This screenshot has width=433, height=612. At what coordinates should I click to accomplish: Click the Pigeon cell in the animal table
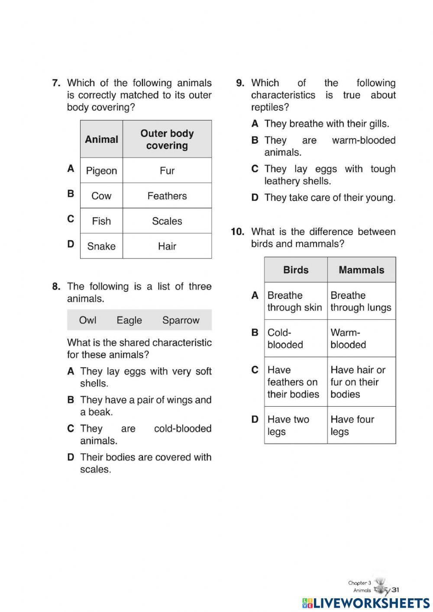(101, 171)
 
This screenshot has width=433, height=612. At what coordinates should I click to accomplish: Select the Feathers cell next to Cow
(167, 196)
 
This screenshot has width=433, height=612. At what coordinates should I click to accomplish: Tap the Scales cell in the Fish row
(167, 221)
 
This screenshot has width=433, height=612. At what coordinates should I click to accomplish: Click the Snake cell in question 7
(101, 246)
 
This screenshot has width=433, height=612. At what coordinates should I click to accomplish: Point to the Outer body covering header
(167, 139)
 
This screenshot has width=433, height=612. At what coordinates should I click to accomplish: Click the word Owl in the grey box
(87, 320)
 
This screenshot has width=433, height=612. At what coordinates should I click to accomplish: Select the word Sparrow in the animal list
(181, 320)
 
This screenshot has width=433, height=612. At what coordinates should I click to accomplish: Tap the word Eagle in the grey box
(129, 320)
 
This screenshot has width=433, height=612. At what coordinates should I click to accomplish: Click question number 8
(56, 286)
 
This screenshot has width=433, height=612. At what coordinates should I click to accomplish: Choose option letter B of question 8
(71, 400)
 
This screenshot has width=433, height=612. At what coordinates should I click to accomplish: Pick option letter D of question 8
(71, 457)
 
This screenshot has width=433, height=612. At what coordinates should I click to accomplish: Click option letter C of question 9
(255, 169)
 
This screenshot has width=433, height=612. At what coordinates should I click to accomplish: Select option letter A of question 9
(255, 124)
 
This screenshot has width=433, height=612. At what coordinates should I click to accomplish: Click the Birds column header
(296, 270)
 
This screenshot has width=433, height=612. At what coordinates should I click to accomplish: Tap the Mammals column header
(361, 270)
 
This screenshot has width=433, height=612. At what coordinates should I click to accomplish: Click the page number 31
(395, 589)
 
